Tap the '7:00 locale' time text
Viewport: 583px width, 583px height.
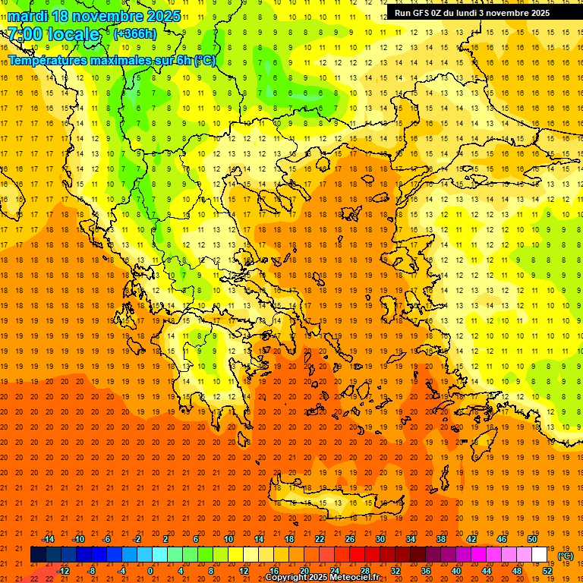[54, 34]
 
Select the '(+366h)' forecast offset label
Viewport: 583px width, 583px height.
[135, 33]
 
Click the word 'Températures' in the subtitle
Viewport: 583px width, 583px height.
[52, 60]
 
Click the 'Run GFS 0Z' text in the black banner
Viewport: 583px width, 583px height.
[421, 13]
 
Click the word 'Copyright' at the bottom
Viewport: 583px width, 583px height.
[288, 578]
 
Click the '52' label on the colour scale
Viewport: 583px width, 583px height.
[547, 570]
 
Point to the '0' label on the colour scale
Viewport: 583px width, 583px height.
[150, 570]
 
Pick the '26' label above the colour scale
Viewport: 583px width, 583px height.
[350, 539]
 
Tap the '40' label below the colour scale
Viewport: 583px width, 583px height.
[456, 570]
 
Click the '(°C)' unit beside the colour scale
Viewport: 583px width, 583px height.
[566, 556]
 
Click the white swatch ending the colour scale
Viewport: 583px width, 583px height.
[540, 555]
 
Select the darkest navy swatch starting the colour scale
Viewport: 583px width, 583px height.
[38, 555]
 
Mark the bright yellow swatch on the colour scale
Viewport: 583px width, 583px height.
[235, 555]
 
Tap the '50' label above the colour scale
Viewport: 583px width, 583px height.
[532, 539]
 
